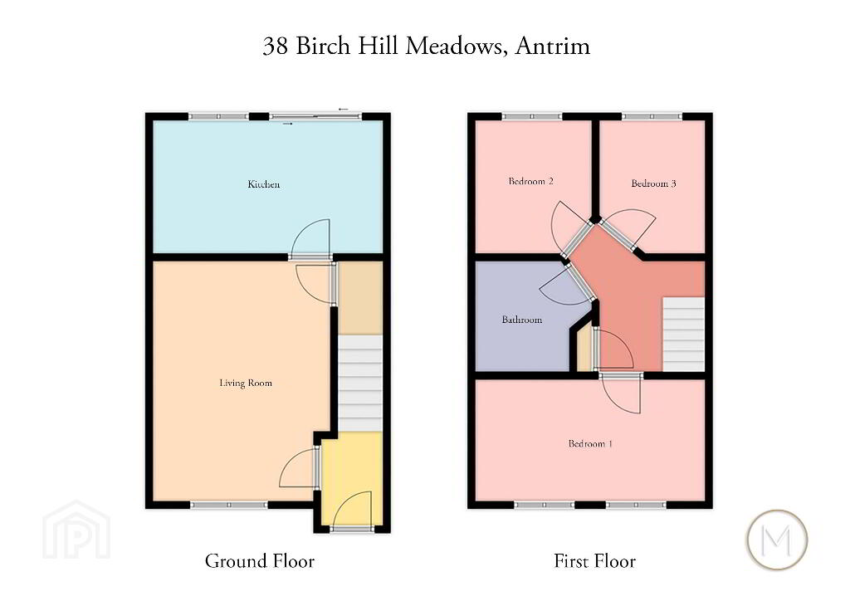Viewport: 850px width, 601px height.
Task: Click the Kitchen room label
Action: coord(263,184)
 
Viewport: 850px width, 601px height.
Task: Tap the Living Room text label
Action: coord(246,384)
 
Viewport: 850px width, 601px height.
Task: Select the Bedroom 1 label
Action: coord(590,443)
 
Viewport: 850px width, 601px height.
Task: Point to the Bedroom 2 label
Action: coord(530,181)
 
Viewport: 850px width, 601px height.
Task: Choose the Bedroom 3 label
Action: coord(653,183)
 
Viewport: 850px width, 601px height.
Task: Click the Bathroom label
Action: coord(521,320)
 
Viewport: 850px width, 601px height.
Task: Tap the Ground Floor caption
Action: coord(260,561)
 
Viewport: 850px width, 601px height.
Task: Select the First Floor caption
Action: coord(594,561)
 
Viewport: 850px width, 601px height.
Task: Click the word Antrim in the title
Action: coord(552,46)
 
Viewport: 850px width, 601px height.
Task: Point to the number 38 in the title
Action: coord(276,46)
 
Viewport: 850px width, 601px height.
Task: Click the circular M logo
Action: coord(777,540)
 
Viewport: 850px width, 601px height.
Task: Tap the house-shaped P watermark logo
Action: coord(76,530)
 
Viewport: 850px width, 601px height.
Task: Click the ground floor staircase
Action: coord(360,384)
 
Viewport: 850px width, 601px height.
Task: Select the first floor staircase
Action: coord(684,335)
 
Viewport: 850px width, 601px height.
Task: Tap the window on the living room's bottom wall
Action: coord(229,505)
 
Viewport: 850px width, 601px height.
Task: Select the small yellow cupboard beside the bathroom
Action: coord(584,349)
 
